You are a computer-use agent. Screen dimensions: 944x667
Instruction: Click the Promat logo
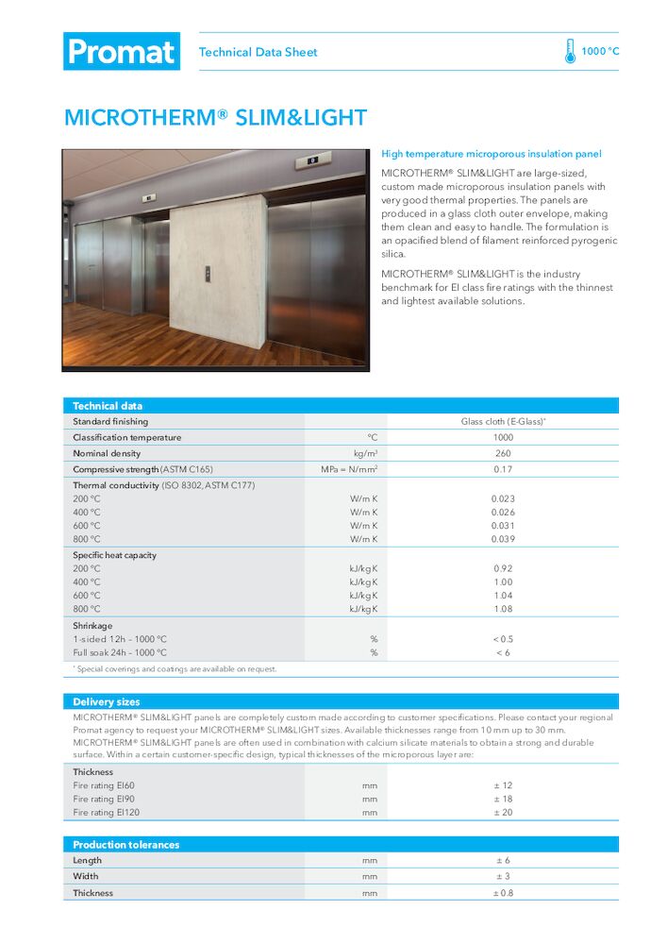[x=122, y=51]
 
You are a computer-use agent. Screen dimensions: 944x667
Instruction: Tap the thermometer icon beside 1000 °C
[x=570, y=51]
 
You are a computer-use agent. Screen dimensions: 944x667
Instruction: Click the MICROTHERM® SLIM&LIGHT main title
[x=215, y=118]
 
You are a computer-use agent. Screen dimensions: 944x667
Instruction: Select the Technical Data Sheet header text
[x=258, y=52]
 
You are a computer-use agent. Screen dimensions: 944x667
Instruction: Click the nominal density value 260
[x=503, y=453]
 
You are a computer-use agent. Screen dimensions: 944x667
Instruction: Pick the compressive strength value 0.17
[x=503, y=469]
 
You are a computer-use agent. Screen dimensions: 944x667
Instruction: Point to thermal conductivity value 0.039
[x=503, y=539]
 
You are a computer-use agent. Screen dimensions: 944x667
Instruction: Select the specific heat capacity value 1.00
[x=503, y=582]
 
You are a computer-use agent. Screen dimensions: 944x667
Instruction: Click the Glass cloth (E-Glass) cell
[x=503, y=421]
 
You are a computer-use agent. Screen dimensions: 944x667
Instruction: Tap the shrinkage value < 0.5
[x=503, y=639]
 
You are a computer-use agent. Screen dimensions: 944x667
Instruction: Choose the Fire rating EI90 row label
[x=104, y=799]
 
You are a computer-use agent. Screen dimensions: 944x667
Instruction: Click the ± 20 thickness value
[x=503, y=812]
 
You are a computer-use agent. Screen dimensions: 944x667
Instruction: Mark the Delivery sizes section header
[x=107, y=701]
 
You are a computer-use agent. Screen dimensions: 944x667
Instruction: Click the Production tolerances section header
[x=125, y=844]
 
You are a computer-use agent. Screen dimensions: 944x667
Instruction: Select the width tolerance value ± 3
[x=503, y=876]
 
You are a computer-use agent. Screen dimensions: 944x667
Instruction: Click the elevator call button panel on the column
[x=208, y=274]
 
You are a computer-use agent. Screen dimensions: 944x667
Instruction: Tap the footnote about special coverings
[x=175, y=668]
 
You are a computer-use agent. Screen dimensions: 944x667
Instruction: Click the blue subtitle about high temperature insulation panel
[x=491, y=153]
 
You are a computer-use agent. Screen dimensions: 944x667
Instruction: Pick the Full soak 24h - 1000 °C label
[x=120, y=652]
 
